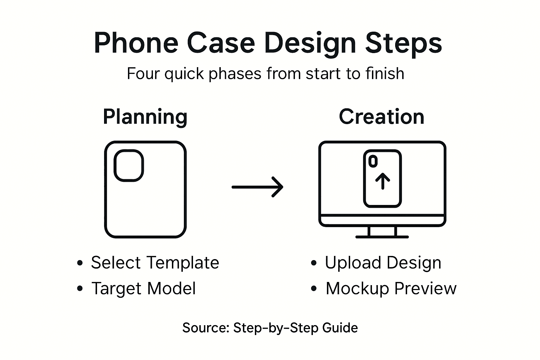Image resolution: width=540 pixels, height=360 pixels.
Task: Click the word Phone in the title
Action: (x=136, y=43)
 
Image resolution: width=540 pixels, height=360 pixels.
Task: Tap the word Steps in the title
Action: (x=403, y=43)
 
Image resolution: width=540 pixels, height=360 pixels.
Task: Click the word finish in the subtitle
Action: (x=385, y=74)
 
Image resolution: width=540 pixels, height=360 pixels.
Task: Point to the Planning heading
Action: (x=145, y=117)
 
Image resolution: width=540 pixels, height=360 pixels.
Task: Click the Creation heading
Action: (x=381, y=117)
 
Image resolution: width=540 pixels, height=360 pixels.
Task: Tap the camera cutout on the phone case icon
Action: (x=129, y=166)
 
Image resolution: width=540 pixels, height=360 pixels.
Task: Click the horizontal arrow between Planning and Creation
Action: (x=257, y=187)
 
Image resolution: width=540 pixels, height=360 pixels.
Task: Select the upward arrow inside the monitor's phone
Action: (x=382, y=181)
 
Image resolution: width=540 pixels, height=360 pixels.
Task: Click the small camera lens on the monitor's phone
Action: (x=373, y=161)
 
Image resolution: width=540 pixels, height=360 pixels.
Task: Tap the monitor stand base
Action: (x=382, y=237)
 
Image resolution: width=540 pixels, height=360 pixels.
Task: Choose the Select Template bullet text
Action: (x=155, y=263)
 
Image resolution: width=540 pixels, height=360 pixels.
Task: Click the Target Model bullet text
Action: (x=143, y=289)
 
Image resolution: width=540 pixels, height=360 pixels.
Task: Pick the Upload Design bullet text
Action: (x=382, y=263)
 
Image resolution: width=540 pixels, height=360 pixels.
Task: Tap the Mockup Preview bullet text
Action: (x=391, y=289)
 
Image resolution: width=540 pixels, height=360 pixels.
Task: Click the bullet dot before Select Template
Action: (x=80, y=263)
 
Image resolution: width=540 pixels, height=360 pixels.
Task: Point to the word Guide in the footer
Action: (x=340, y=328)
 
